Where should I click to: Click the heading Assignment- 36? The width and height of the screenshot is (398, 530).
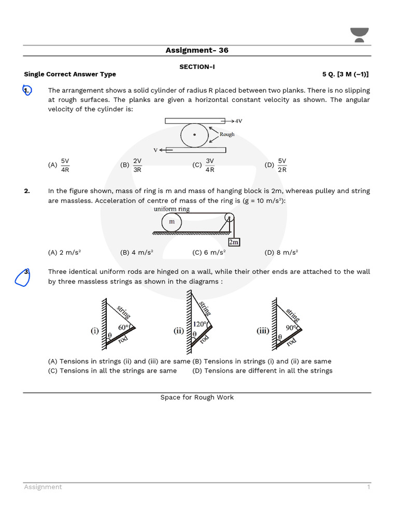197,50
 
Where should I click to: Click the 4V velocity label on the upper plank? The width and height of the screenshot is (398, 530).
238,121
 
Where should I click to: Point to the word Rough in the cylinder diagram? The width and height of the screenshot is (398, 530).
227,134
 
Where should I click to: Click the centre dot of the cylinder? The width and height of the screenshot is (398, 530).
194,135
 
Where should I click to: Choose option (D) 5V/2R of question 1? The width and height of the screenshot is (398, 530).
277,165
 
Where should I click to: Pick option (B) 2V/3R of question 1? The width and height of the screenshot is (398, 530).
132,165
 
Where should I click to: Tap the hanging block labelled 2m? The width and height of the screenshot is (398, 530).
234,242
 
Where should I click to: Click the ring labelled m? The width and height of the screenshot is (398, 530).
172,222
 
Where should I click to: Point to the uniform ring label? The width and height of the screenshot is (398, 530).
172,209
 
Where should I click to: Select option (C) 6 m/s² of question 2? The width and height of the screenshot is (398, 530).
209,253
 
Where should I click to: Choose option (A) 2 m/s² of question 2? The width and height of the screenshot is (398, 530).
64,253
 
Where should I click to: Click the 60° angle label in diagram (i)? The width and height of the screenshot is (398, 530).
123,327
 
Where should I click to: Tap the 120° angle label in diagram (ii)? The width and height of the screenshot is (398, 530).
200,324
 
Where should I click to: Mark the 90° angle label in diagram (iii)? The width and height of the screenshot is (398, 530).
291,327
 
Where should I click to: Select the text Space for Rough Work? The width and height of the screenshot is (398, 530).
197,397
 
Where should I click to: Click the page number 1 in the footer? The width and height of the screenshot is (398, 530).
368,487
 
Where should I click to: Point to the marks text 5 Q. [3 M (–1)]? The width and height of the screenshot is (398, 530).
346,74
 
